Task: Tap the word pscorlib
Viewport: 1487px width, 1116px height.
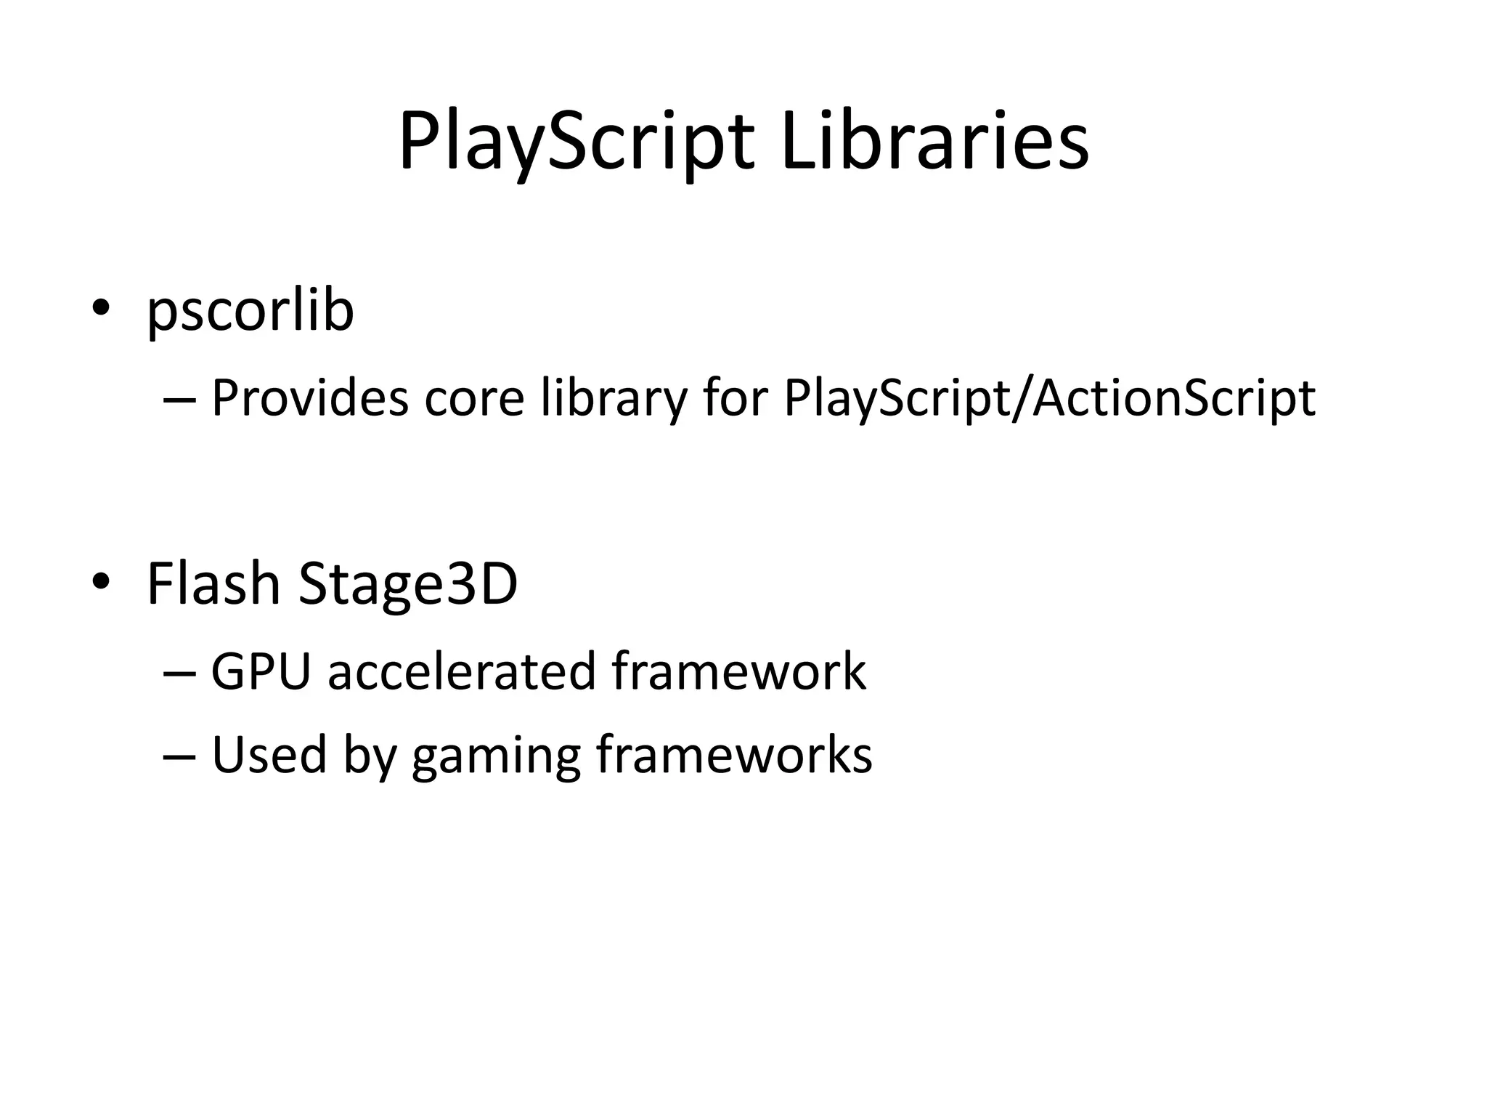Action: [x=250, y=311]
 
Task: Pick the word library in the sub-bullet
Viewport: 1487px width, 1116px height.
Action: [x=614, y=399]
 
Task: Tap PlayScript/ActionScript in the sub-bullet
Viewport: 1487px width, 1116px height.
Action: [x=1049, y=399]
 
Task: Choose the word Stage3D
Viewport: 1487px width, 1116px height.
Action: [x=408, y=586]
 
